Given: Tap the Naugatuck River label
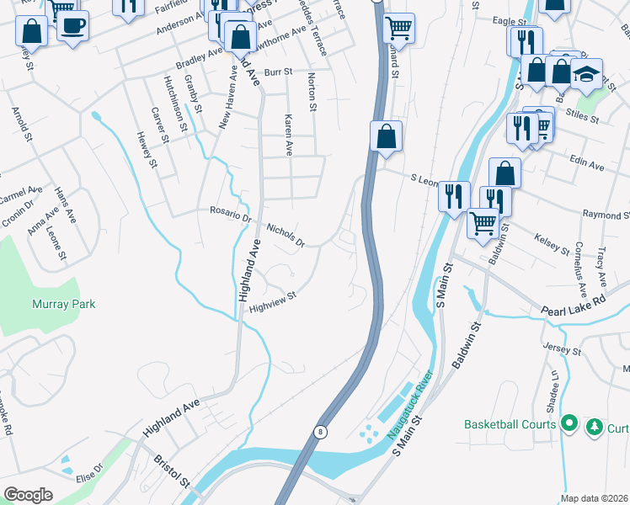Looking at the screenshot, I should (408, 414).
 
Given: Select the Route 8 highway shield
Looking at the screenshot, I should (320, 432).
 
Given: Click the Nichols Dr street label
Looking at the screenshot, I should (284, 235).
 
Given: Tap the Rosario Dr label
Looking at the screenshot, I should (230, 216).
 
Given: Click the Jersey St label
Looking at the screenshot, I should (563, 349).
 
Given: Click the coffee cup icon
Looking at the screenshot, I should (72, 26).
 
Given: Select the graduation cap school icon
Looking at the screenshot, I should (586, 75).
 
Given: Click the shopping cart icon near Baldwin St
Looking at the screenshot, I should (482, 224).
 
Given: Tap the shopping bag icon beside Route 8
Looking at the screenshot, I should (386, 136).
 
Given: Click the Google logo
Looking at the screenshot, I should (28, 495).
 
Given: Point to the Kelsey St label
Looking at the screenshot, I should (553, 244).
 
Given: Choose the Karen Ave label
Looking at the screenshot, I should (288, 136).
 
